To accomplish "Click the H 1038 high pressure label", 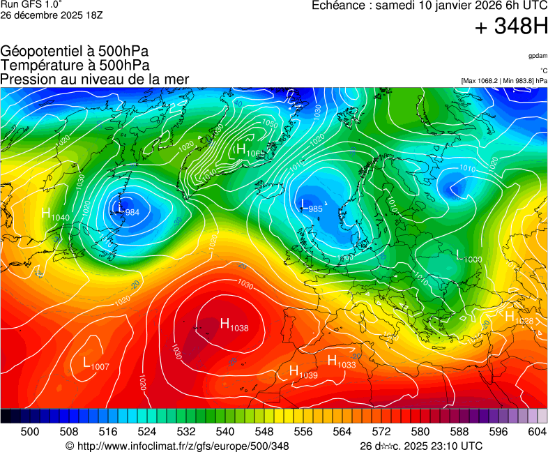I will pyautogui.click(x=234, y=324).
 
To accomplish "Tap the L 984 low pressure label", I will pyautogui.click(x=128, y=209).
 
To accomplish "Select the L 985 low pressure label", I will pyautogui.click(x=311, y=206).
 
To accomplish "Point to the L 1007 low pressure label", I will pyautogui.click(x=96, y=364).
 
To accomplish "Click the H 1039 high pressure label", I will pyautogui.click(x=303, y=372).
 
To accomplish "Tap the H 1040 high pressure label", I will pyautogui.click(x=55, y=215).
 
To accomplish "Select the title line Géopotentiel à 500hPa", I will pyautogui.click(x=75, y=52).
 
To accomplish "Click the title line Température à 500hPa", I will pyautogui.click(x=75, y=66).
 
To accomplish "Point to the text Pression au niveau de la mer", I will pyautogui.click(x=95, y=80).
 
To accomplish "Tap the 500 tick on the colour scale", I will pyautogui.click(x=30, y=432).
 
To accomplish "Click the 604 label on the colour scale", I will pyautogui.click(x=537, y=432).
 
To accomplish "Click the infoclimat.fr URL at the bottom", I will pyautogui.click(x=177, y=446).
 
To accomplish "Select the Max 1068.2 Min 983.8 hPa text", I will pyautogui.click(x=504, y=81).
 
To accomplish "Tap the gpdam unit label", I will pyautogui.click(x=538, y=56).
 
